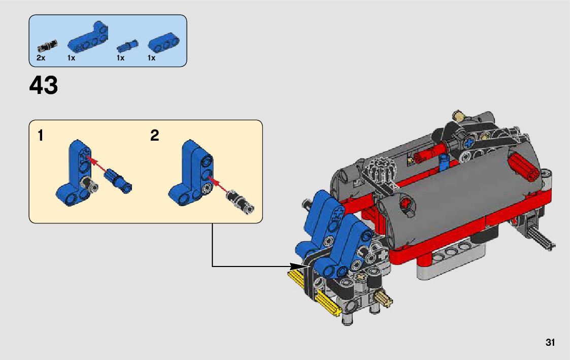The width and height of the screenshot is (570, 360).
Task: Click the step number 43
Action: coord(43,85)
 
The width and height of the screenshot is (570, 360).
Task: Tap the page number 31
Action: coord(550,342)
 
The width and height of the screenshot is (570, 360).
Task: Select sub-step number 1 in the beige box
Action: coord(40,135)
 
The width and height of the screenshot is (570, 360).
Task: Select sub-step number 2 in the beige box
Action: coord(154,135)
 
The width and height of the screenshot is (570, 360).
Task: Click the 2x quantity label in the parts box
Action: coord(41,58)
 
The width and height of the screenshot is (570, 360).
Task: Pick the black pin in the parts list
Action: coord(47,46)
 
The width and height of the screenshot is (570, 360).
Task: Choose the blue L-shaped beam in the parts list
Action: coord(88,38)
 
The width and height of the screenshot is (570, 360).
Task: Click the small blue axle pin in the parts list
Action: coord(127,46)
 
